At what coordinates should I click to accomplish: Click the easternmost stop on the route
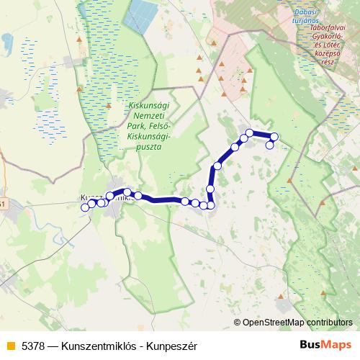(x=274, y=137)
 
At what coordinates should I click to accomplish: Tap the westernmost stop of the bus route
(x=85, y=207)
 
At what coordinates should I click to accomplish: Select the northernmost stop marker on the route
(x=249, y=132)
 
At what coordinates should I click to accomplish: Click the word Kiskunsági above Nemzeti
(x=148, y=105)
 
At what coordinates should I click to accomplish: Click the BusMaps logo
(x=326, y=345)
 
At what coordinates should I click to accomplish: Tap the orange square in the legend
(x=10, y=345)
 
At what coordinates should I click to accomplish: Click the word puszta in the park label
(x=147, y=146)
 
